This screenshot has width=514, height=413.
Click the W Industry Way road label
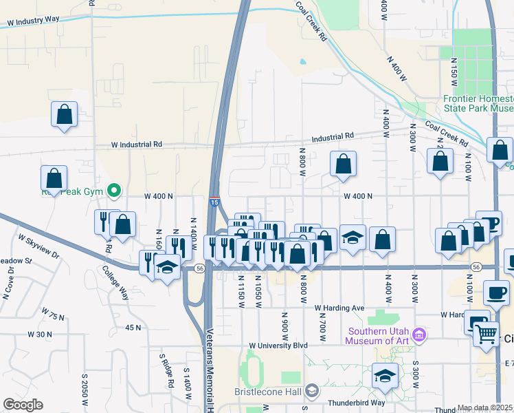(33, 21)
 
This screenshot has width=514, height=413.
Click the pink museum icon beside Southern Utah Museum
(421, 335)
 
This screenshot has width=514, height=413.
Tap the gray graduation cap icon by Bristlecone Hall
(312, 390)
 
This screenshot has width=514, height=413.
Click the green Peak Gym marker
(115, 190)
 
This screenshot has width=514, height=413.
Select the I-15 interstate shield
(215, 202)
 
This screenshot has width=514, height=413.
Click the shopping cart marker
(487, 335)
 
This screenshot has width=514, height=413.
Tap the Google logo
(23, 405)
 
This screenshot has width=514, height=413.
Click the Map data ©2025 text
(485, 408)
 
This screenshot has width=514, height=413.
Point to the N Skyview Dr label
(39, 248)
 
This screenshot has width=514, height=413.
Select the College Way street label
(115, 283)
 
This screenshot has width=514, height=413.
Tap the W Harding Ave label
(339, 308)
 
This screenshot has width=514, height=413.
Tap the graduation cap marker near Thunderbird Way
(385, 376)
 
